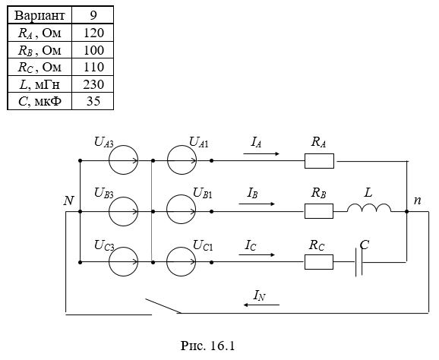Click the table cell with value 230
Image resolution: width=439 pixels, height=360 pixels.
[93, 84]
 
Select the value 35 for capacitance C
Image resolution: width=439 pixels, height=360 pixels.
[93, 101]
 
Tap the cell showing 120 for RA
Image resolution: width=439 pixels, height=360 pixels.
[93, 33]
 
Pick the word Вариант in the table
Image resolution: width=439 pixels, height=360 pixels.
[39, 15]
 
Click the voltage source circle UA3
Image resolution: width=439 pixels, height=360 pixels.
[109, 160]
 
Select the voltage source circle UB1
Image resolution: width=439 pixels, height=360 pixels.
[167, 210]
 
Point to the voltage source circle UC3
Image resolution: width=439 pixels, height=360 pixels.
[109, 262]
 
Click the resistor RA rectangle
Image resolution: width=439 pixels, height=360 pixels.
[319, 161]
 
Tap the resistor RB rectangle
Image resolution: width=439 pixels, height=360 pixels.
[319, 211]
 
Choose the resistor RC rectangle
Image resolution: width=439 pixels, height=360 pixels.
[319, 262]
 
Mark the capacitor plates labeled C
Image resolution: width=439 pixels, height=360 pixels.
[359, 262]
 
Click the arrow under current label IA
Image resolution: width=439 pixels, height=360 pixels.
[261, 153]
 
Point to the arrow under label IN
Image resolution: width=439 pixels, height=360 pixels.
[261, 305]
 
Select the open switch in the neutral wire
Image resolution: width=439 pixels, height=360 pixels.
[163, 306]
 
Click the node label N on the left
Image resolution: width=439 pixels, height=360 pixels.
[69, 201]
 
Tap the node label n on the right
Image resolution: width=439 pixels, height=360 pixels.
[418, 201]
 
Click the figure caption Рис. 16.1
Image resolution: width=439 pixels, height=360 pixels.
[207, 346]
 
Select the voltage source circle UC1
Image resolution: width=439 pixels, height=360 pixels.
[167, 262]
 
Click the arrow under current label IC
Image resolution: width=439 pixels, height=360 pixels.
[257, 254]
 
